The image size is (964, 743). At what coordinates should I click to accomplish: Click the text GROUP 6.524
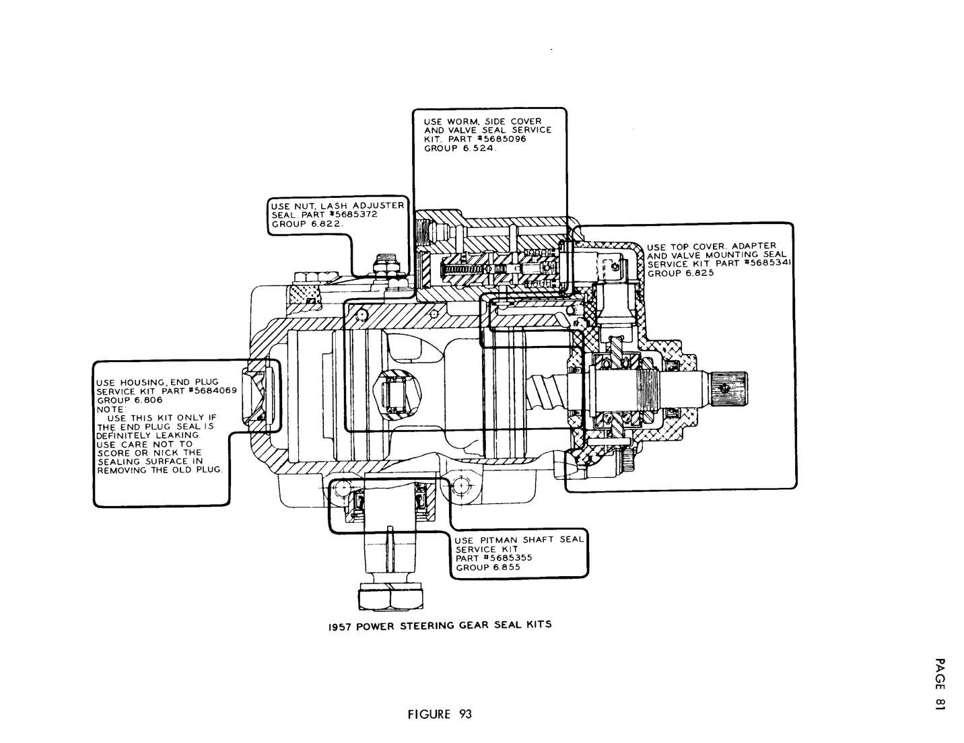click(x=459, y=148)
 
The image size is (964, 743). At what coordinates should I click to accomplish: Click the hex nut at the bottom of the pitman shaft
click(x=391, y=597)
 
